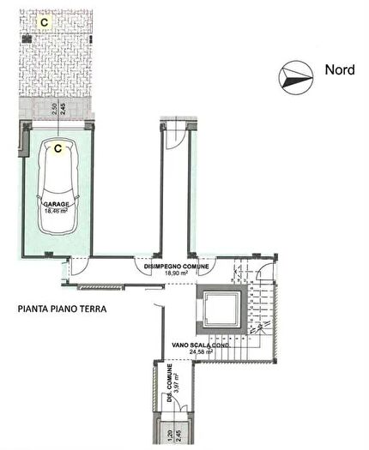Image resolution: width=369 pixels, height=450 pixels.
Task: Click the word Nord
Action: [x=340, y=69]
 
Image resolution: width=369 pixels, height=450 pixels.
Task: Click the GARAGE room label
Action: [x=57, y=204]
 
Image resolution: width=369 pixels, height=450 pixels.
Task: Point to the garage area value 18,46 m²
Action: [x=57, y=211]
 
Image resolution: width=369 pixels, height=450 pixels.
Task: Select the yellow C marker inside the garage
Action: [x=57, y=148]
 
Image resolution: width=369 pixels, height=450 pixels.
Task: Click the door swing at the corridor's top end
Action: [x=174, y=132]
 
